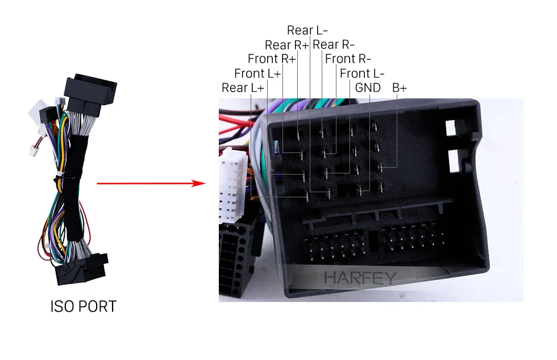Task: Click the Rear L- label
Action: click(307, 30)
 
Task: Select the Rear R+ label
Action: click(286, 45)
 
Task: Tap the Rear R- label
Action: click(334, 45)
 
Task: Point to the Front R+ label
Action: click(272, 59)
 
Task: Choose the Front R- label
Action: click(348, 59)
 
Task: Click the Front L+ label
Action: click(257, 73)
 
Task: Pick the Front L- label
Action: click(362, 73)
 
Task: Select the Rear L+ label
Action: click(243, 88)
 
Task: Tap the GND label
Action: click(368, 88)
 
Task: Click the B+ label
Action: click(399, 88)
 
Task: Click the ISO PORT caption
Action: click(84, 307)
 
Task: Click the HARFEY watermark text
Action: click(360, 278)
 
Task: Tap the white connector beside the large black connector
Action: click(232, 185)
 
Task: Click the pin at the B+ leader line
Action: click(380, 167)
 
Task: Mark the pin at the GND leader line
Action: click(359, 191)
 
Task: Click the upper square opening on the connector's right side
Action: click(450, 128)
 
